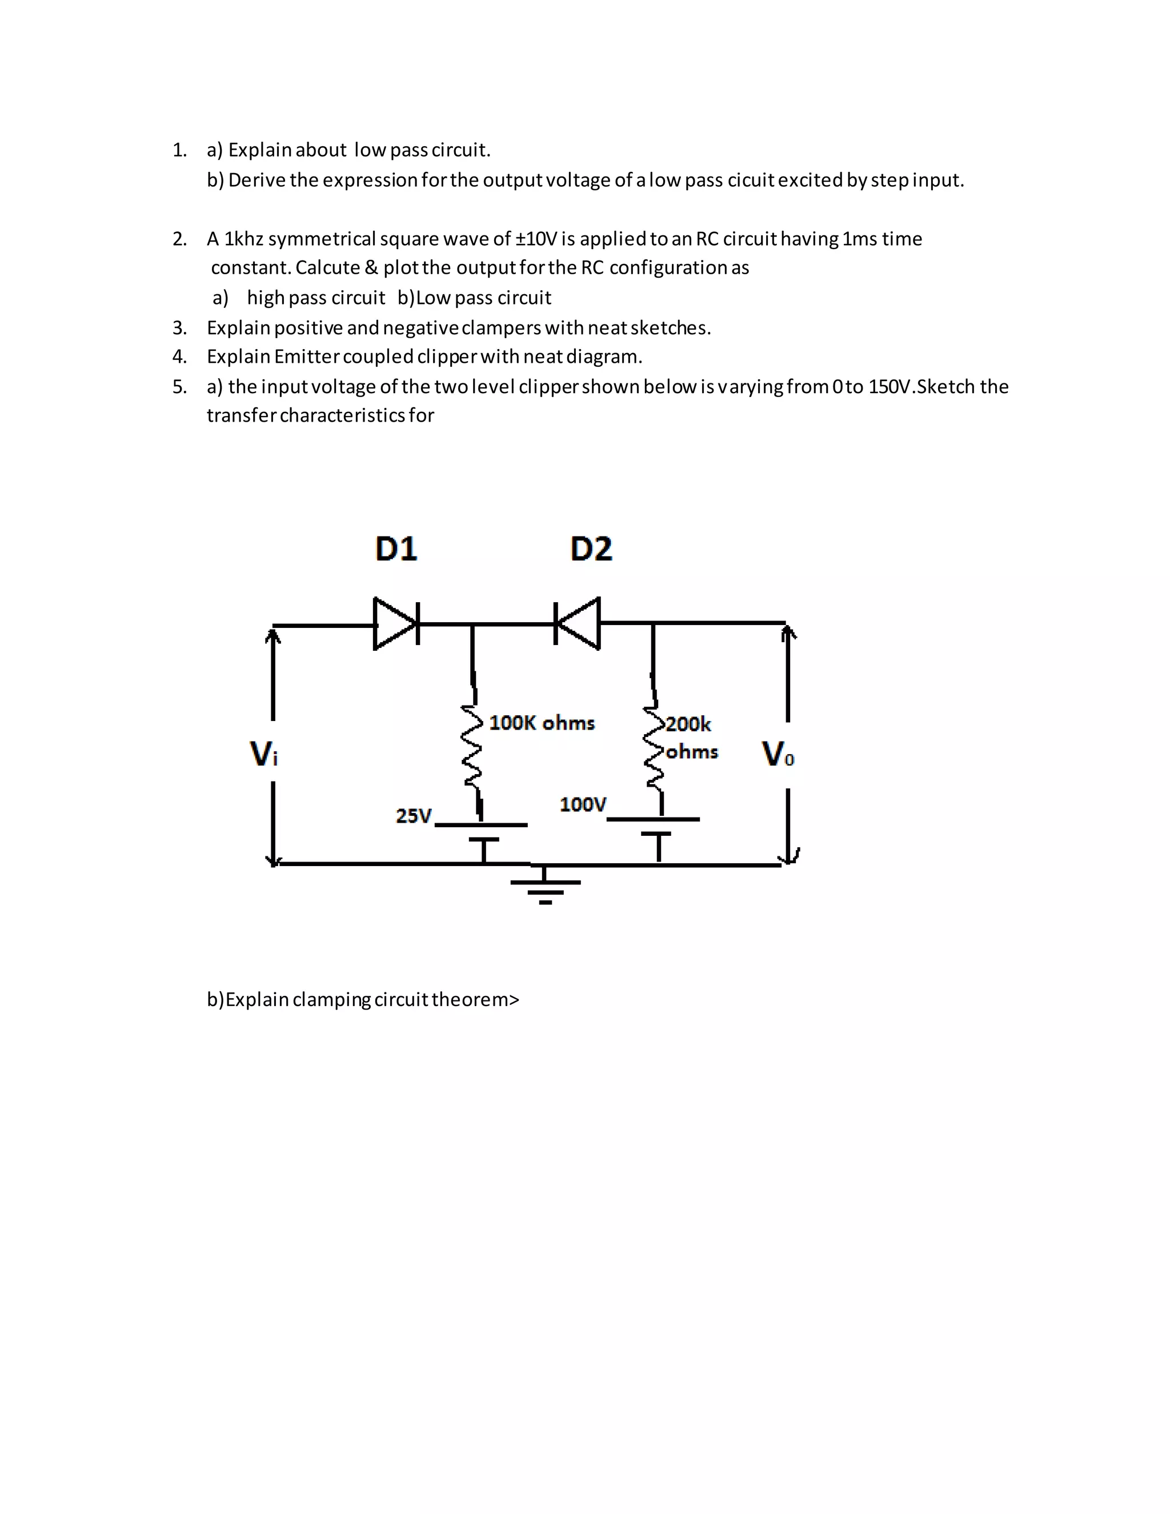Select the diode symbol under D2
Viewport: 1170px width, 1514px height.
[578, 623]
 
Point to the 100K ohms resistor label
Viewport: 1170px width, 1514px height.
[542, 723]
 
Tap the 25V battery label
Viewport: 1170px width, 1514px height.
[414, 816]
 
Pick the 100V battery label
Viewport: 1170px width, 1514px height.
[583, 804]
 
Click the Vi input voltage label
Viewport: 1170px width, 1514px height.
[263, 754]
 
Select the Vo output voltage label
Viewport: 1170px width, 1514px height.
[778, 754]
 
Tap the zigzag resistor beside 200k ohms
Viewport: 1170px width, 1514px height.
[654, 748]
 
